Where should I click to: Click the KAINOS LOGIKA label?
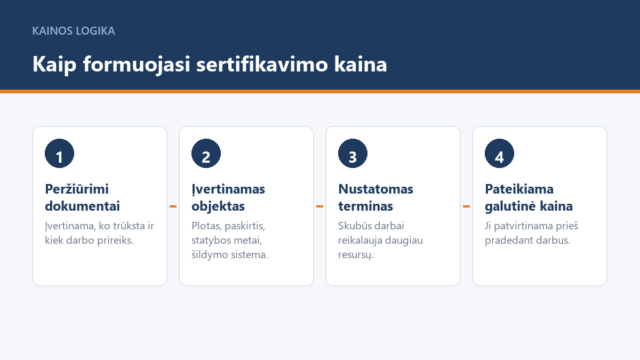point(74,31)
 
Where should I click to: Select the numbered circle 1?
point(59,154)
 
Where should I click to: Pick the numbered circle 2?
point(206,154)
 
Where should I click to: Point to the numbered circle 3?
point(353,154)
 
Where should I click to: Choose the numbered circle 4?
point(499,154)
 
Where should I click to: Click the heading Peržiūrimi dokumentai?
point(82,198)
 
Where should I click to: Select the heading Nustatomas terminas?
point(375,198)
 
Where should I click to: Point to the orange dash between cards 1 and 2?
point(173,206)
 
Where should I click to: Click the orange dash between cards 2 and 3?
point(319,206)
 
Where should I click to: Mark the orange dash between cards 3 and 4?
point(466,206)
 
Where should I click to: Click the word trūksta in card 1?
point(129,226)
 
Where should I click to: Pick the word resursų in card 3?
point(356,255)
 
